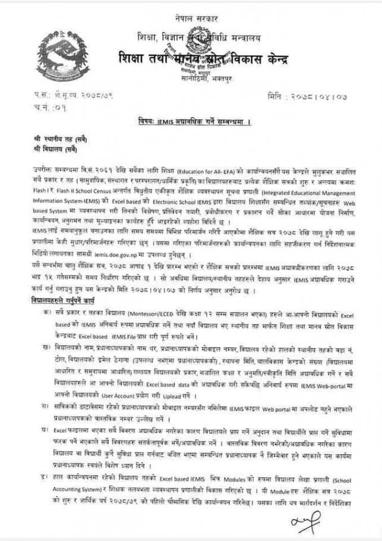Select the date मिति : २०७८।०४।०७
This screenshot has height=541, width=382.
(314, 95)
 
